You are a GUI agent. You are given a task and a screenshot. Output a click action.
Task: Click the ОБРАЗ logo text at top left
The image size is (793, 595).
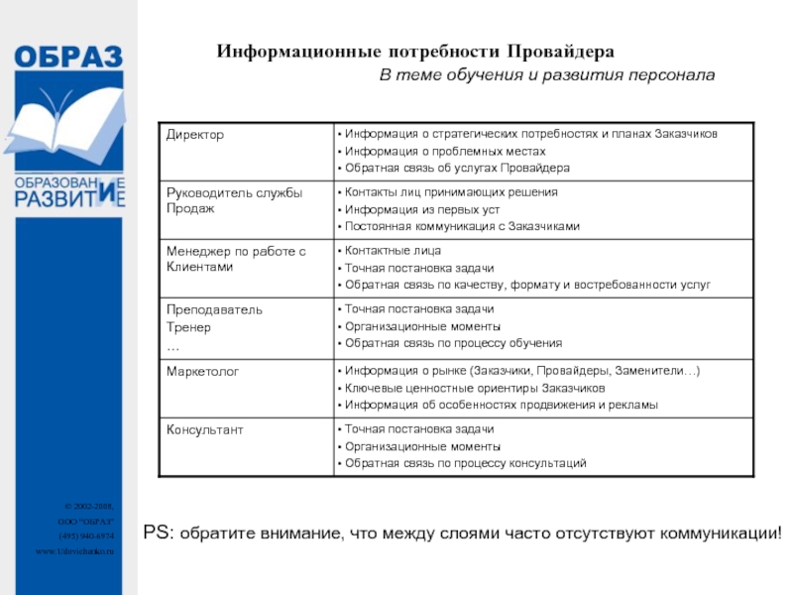[68, 58]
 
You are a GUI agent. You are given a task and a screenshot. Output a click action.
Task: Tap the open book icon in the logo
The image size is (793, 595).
[67, 120]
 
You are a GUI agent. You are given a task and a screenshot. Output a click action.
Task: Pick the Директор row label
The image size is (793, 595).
[195, 134]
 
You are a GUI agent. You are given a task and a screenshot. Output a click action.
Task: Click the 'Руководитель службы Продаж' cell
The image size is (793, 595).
[234, 200]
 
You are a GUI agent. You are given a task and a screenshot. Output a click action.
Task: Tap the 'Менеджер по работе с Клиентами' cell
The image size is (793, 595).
[236, 259]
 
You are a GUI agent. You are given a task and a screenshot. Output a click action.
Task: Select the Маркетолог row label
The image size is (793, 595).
[203, 371]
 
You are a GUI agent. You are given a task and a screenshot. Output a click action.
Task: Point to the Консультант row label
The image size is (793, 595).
[205, 429]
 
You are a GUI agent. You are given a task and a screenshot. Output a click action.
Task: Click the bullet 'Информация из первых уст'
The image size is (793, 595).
[414, 209]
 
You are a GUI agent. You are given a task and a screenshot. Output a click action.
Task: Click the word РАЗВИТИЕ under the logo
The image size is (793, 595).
[68, 198]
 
